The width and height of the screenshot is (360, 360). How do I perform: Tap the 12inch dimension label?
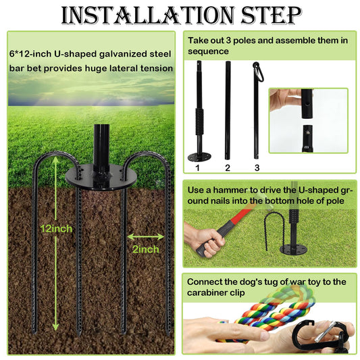(56, 229)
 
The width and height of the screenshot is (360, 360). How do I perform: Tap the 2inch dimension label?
(146, 249)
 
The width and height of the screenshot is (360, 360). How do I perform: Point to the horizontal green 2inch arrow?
(146, 237)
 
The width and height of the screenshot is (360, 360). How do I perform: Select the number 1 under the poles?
(198, 168)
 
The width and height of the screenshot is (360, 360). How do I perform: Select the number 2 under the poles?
(228, 168)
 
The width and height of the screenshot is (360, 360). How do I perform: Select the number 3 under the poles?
(257, 168)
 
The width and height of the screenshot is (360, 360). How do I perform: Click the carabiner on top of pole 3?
(259, 72)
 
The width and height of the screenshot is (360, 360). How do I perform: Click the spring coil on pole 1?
(199, 122)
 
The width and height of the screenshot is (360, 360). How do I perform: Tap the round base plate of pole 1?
(199, 157)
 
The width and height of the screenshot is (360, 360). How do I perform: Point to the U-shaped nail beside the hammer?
(275, 230)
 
